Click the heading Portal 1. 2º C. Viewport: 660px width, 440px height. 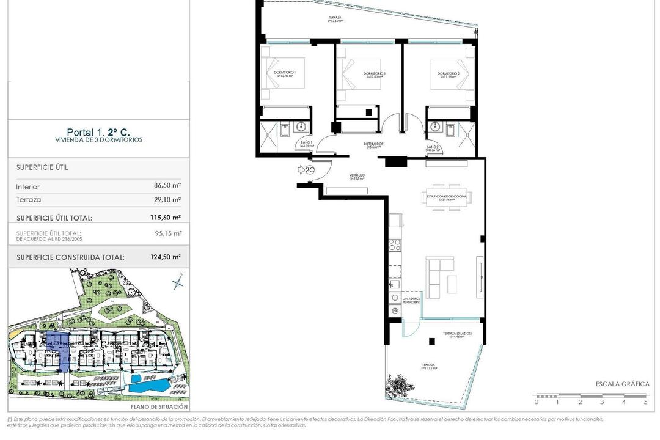tap(98, 132)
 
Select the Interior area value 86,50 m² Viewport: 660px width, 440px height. tap(167, 187)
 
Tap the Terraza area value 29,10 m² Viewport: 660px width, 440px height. tap(167, 200)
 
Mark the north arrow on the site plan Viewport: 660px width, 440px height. tap(178, 282)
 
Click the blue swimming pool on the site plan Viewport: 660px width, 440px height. tap(146, 385)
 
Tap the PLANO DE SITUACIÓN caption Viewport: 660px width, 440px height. tap(159, 406)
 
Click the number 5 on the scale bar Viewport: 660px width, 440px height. tap(645, 402)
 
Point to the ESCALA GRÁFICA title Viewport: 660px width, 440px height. tap(622, 384)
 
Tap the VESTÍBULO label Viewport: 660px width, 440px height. tap(357, 175)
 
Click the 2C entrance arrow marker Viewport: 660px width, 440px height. tap(306, 170)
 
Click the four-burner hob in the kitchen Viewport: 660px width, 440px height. tap(395, 246)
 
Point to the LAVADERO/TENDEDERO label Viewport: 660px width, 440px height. tap(411, 300)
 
